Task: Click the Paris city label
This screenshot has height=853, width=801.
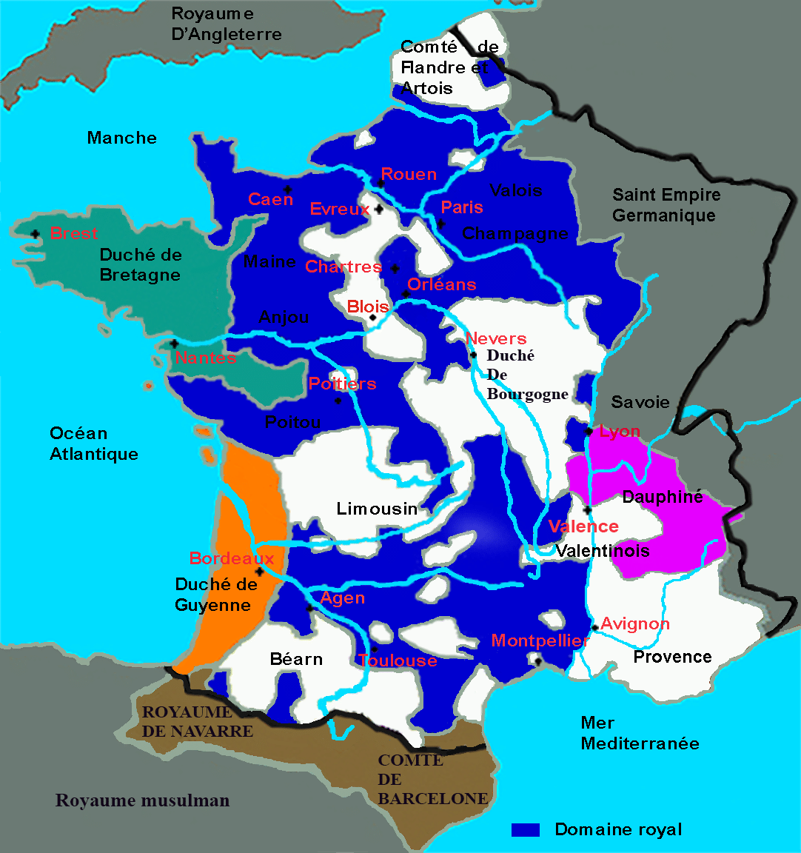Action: tap(461, 207)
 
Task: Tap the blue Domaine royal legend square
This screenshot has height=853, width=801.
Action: tap(526, 829)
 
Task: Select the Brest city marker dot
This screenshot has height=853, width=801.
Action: tap(35, 234)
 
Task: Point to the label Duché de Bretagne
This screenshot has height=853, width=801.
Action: tap(140, 265)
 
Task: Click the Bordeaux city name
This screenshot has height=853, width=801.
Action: tap(232, 558)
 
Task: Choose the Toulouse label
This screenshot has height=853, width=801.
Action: tap(398, 660)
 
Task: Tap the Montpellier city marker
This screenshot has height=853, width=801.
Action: tap(538, 660)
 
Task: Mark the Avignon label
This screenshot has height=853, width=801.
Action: tap(634, 623)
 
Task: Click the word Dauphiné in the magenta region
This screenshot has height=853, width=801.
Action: tap(662, 497)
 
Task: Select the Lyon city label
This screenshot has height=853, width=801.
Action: tap(620, 432)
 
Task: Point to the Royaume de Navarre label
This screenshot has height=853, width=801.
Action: tap(198, 722)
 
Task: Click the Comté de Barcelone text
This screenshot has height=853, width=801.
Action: tap(432, 780)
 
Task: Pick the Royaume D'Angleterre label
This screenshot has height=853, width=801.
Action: tap(226, 24)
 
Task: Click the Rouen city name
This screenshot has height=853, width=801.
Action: tap(409, 175)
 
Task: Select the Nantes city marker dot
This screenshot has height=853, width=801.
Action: tap(174, 344)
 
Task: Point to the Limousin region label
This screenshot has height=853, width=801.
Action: tap(377, 509)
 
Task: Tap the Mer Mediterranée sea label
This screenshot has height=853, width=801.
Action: tap(640, 733)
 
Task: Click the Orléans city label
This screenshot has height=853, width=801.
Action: tap(441, 284)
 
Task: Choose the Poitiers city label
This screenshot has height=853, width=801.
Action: tap(342, 384)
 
